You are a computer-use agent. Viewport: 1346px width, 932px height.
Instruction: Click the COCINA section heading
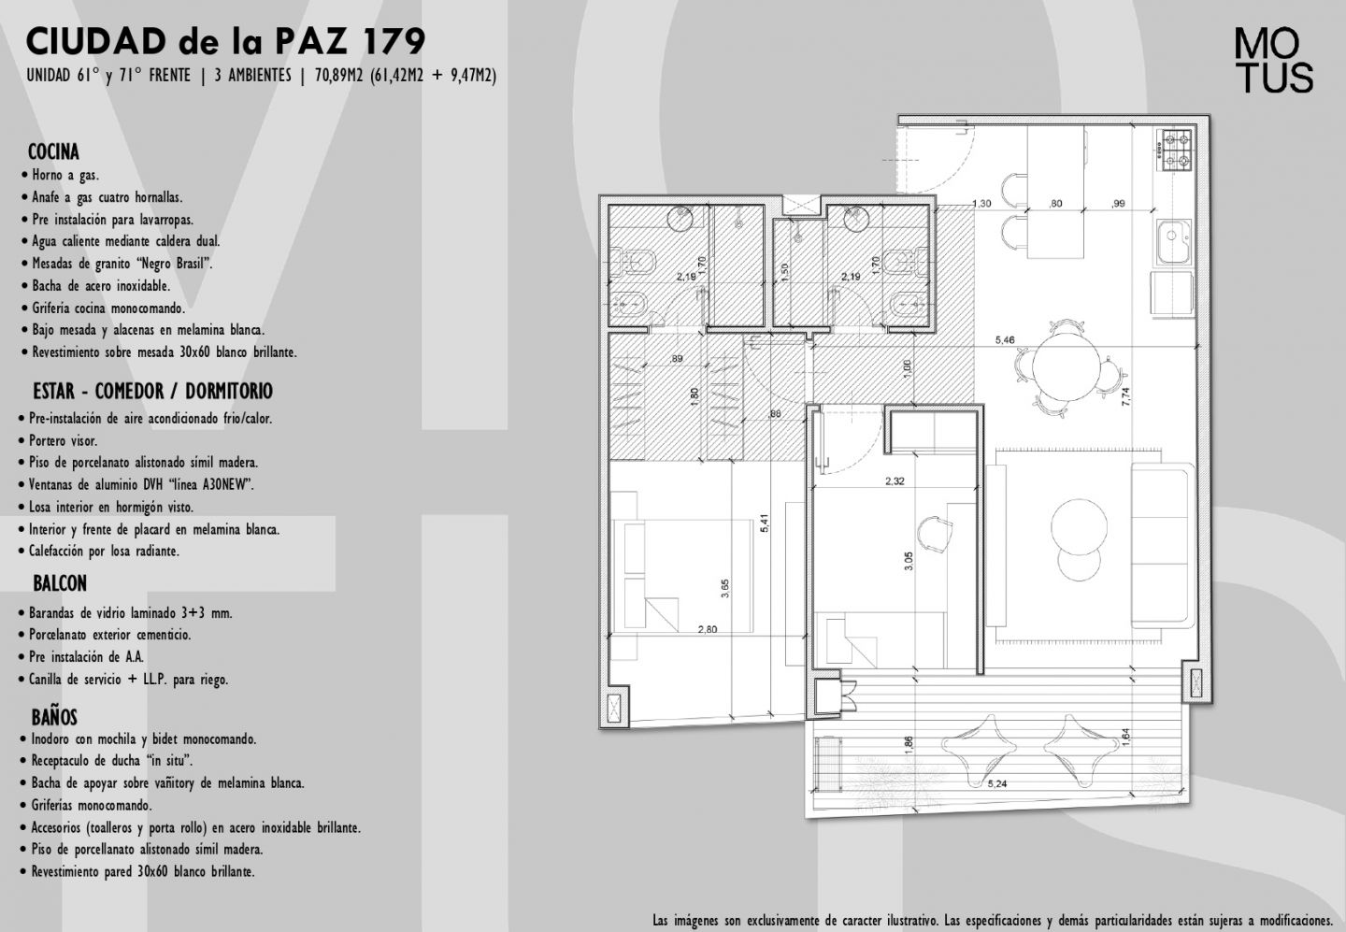click(x=53, y=152)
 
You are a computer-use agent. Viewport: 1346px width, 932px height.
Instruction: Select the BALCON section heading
click(x=60, y=583)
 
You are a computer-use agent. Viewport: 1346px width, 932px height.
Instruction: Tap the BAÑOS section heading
click(x=54, y=717)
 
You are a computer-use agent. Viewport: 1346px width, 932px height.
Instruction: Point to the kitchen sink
click(x=1175, y=241)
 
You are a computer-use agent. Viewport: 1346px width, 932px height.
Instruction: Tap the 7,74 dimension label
click(x=1125, y=396)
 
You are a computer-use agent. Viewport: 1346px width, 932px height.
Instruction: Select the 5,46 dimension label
click(x=1005, y=340)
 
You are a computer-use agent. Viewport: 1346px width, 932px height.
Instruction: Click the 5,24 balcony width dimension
click(x=997, y=783)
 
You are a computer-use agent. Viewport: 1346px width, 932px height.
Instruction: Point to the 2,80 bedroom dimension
click(x=708, y=629)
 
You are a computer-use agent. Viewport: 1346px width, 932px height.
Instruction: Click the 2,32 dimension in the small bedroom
click(x=895, y=480)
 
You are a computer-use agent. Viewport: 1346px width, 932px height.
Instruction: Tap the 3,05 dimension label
click(x=909, y=561)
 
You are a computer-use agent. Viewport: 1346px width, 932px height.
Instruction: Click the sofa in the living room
click(x=1163, y=545)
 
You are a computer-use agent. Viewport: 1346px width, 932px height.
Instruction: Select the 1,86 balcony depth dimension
click(x=908, y=745)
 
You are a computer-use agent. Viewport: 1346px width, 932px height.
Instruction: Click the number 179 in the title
click(x=394, y=41)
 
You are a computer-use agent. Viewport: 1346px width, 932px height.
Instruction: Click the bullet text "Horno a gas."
click(x=65, y=175)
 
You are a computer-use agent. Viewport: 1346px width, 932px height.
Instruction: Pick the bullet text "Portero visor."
click(x=64, y=440)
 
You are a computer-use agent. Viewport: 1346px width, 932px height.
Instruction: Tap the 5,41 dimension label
click(x=765, y=523)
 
